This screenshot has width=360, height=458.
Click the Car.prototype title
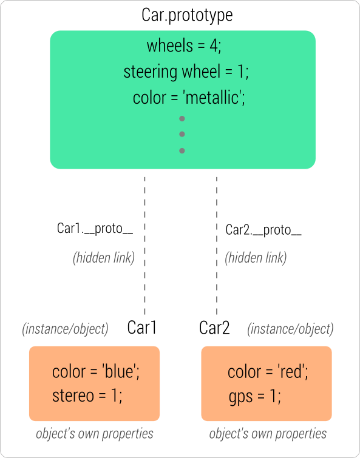(186, 15)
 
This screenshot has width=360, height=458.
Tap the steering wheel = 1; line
(186, 72)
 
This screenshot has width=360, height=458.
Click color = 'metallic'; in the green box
(188, 98)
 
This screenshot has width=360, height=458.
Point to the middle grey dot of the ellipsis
(182, 134)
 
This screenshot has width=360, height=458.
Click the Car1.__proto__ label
(95, 229)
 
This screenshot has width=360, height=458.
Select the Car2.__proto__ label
(263, 230)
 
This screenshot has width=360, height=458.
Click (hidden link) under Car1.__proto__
(104, 257)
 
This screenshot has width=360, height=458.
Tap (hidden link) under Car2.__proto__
(256, 257)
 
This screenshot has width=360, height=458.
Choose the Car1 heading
(142, 328)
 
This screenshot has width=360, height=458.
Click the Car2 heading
(215, 328)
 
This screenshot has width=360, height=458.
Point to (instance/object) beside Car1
(66, 329)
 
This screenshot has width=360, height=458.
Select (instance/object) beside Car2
(290, 329)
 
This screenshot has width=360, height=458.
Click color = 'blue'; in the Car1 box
(97, 371)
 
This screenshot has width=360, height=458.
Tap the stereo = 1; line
(87, 396)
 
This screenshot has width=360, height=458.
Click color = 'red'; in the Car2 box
(268, 371)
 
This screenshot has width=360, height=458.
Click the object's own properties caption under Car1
(94, 434)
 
